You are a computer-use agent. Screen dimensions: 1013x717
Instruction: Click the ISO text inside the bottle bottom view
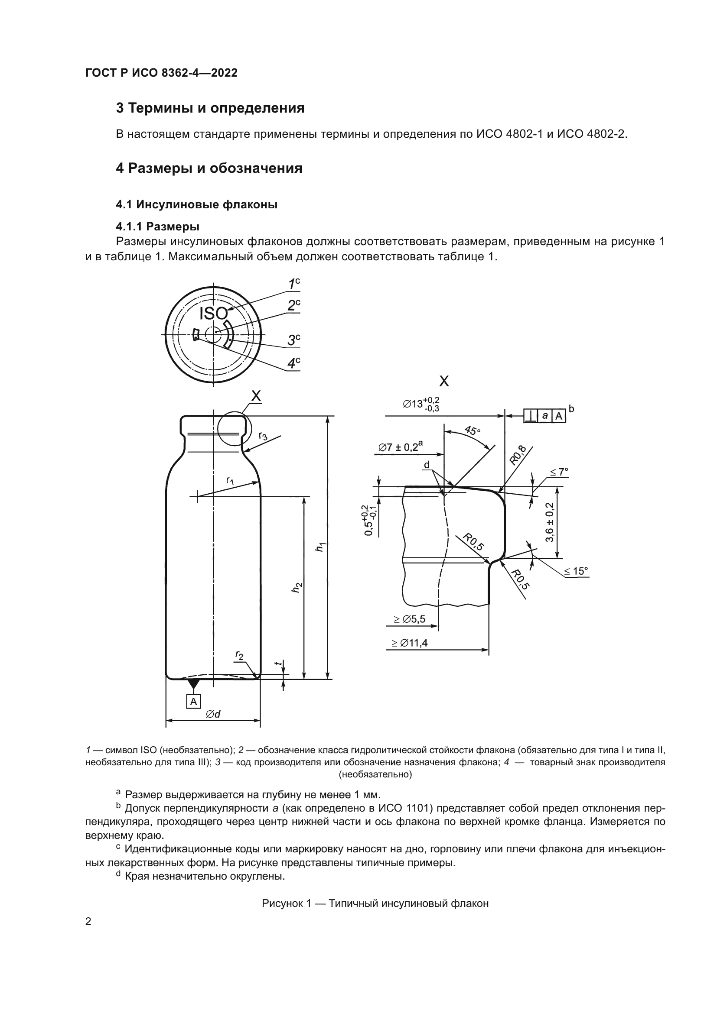(x=213, y=313)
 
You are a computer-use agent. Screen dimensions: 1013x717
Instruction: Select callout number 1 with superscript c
(x=293, y=284)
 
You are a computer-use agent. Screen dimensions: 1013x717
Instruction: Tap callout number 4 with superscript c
(x=293, y=363)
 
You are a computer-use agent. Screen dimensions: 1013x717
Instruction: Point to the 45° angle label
(x=473, y=430)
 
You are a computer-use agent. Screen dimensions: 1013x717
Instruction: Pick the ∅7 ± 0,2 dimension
(x=401, y=447)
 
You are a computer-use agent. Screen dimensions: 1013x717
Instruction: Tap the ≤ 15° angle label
(x=576, y=571)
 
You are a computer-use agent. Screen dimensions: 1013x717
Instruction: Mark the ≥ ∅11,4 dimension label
(x=409, y=643)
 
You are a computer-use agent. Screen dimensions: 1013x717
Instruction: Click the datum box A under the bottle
(x=193, y=702)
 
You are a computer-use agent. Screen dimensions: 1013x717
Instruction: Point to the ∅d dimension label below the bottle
(x=213, y=714)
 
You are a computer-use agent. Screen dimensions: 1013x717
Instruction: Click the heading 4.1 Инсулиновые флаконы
(x=196, y=204)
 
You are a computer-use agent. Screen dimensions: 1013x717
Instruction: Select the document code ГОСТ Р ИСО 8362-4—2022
(x=161, y=73)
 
